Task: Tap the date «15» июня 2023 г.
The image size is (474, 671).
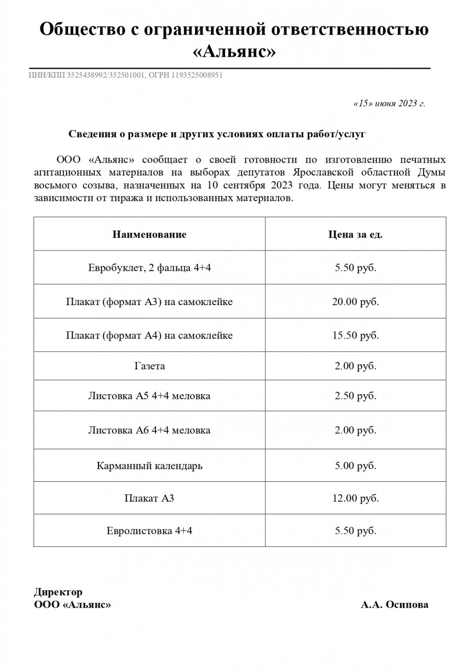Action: (390, 103)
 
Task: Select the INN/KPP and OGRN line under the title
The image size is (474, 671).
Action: (126, 75)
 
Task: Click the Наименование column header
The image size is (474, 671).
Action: (149, 234)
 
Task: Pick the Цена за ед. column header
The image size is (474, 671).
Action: (355, 234)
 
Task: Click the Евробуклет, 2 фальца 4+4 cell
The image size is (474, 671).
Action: (149, 268)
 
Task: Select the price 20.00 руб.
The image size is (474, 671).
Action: (356, 302)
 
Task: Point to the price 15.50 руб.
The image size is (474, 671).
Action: (356, 335)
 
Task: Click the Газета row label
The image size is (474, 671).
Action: (149, 366)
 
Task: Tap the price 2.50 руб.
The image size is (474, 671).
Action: (356, 396)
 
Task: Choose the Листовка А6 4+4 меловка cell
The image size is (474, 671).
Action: (149, 430)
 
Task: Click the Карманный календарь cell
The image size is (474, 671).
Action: (149, 466)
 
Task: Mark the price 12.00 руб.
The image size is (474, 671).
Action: (356, 498)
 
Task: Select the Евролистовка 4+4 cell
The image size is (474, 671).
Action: (149, 531)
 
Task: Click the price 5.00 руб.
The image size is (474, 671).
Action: (356, 466)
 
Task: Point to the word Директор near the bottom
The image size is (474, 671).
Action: (58, 592)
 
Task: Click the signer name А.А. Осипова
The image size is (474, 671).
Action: (394, 605)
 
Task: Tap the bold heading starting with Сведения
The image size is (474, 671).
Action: (217, 134)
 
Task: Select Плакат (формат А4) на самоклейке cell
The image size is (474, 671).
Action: (149, 335)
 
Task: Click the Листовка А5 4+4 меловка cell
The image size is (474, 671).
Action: (149, 396)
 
